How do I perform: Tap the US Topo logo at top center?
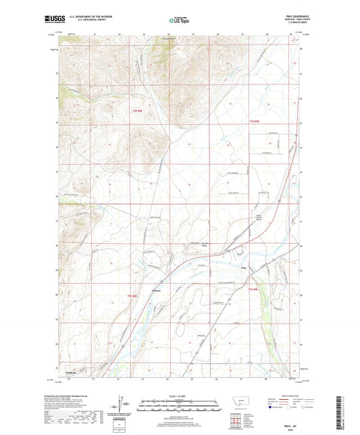(178, 22)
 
